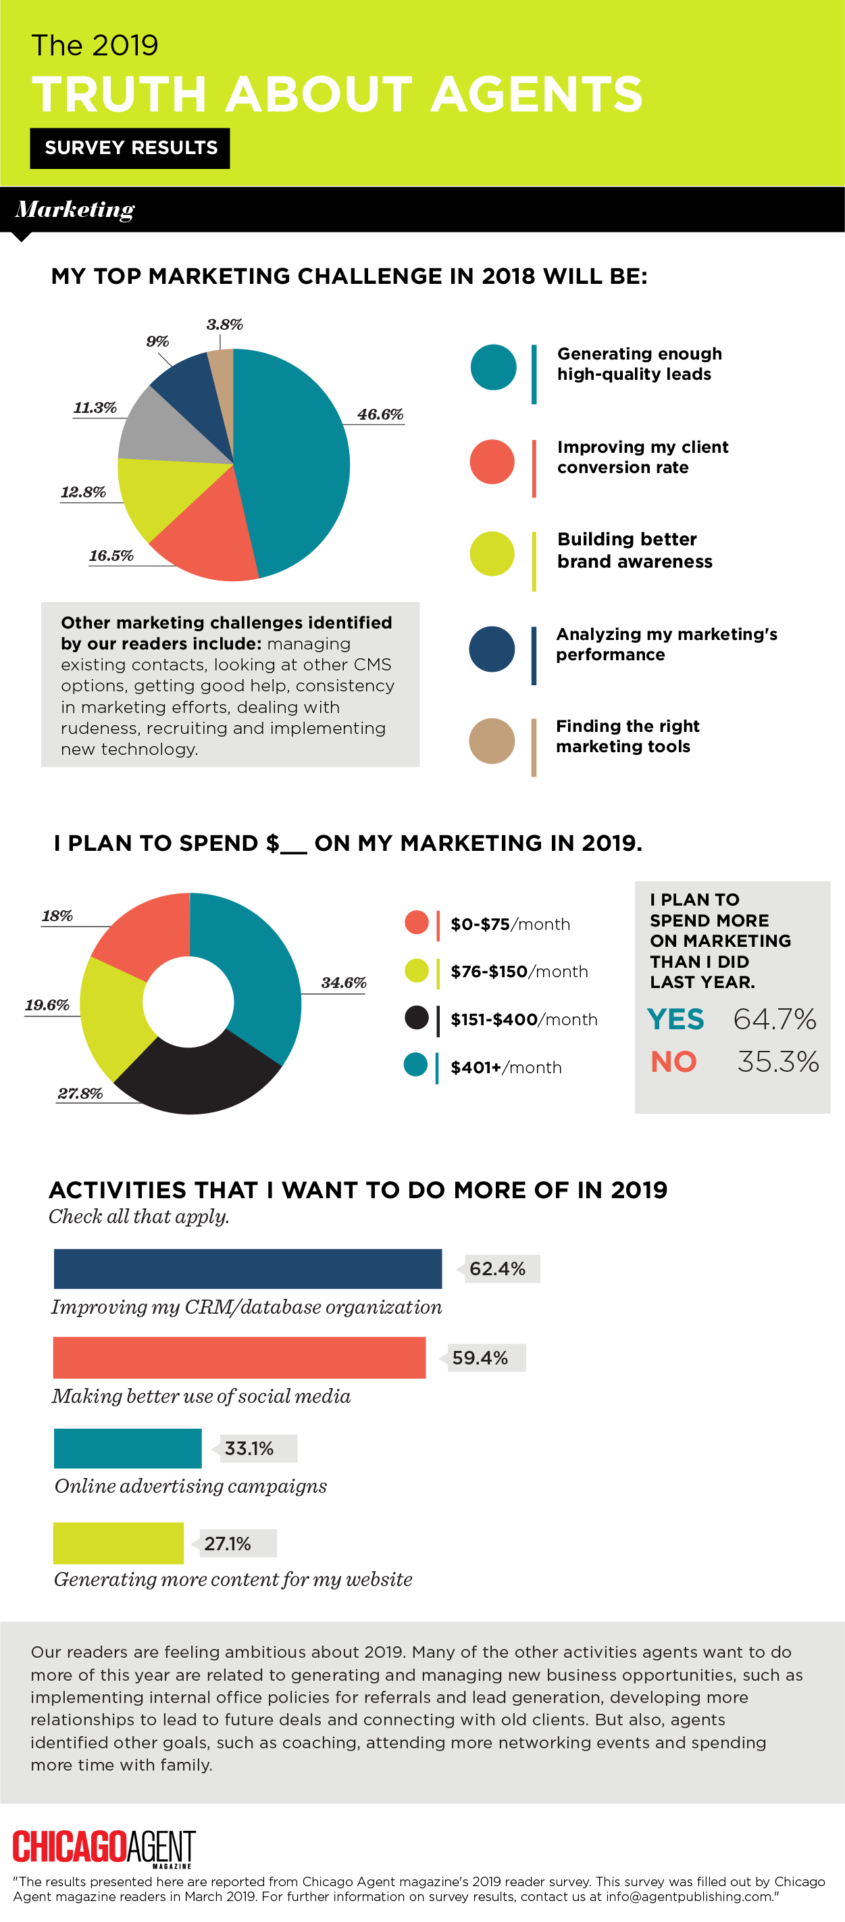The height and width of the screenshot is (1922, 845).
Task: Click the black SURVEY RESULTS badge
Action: [130, 148]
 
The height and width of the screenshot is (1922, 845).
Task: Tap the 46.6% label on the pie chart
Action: [380, 414]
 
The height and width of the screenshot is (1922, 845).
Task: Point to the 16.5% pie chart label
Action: [111, 556]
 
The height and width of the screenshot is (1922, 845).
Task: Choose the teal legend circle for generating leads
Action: [493, 367]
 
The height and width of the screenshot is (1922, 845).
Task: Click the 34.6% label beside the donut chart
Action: [343, 983]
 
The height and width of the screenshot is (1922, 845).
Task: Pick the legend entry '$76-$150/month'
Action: [518, 971]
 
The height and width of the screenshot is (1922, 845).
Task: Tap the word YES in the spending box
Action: [675, 1018]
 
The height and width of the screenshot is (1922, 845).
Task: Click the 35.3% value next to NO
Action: [777, 1061]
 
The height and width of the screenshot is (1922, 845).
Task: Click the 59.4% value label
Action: [480, 1357]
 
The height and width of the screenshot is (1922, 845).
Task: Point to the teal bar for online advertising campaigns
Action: [128, 1448]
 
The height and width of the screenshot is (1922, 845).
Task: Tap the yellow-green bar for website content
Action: [118, 1542]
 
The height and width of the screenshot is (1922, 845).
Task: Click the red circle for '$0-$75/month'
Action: [416, 922]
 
